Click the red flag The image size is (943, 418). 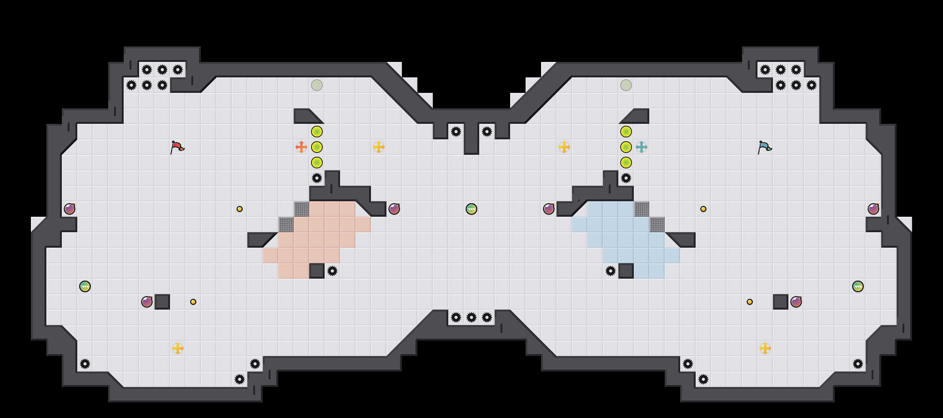(x=177, y=147)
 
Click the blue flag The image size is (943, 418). (x=764, y=147)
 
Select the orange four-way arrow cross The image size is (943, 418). (x=301, y=147)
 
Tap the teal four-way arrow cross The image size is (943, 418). (x=642, y=147)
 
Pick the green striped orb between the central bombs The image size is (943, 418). (x=472, y=209)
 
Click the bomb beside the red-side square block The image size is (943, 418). (x=147, y=302)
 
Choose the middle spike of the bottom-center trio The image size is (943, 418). (x=472, y=317)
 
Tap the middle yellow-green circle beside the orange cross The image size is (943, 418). (x=317, y=147)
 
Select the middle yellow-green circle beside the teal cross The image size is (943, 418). (x=626, y=147)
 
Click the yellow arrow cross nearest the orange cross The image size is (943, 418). (x=379, y=147)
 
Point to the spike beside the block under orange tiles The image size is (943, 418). (x=332, y=271)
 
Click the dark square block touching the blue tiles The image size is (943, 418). (x=626, y=271)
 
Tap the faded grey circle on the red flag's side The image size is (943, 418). (x=317, y=85)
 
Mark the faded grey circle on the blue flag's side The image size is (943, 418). (x=626, y=85)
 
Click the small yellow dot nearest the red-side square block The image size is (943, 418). (x=193, y=302)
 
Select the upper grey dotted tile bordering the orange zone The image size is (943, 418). (x=301, y=209)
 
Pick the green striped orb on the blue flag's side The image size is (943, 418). (x=858, y=286)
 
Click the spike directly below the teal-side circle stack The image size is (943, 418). (x=626, y=178)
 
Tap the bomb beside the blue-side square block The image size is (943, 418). (x=796, y=302)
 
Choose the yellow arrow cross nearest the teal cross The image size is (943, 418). (x=564, y=147)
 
